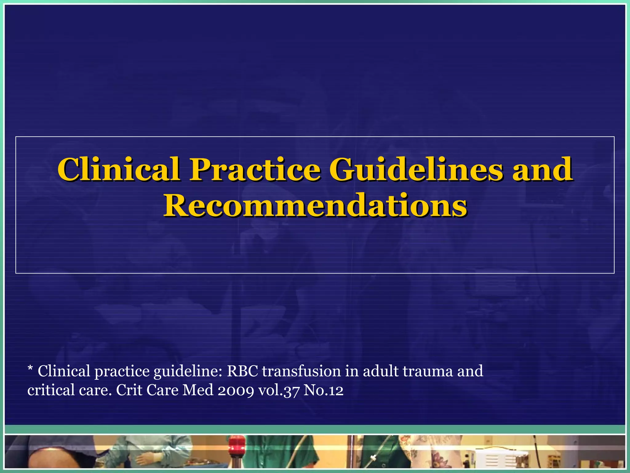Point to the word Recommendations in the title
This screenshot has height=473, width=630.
(x=315, y=205)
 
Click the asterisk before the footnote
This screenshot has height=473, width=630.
(x=30, y=369)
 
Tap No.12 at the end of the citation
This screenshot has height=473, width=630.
(x=323, y=390)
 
